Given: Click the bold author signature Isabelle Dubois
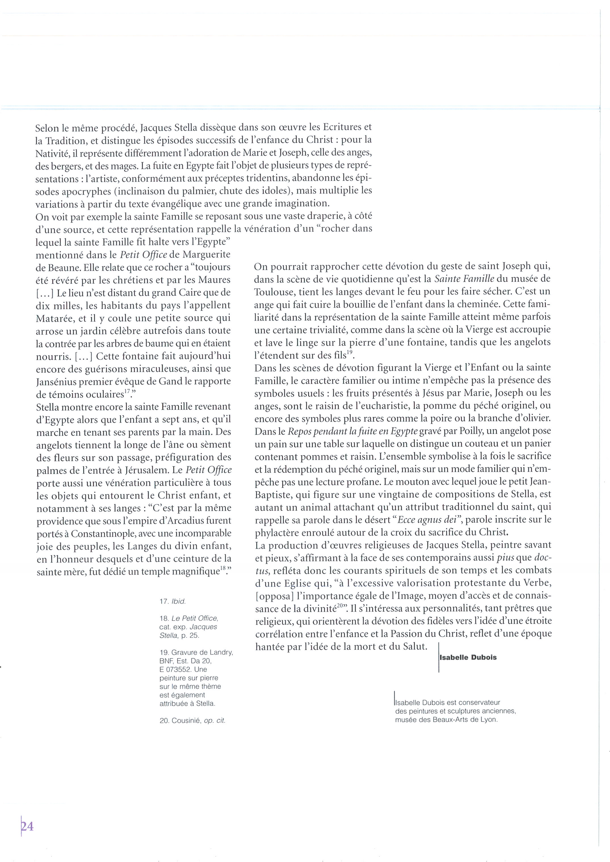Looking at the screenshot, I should [468, 657].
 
